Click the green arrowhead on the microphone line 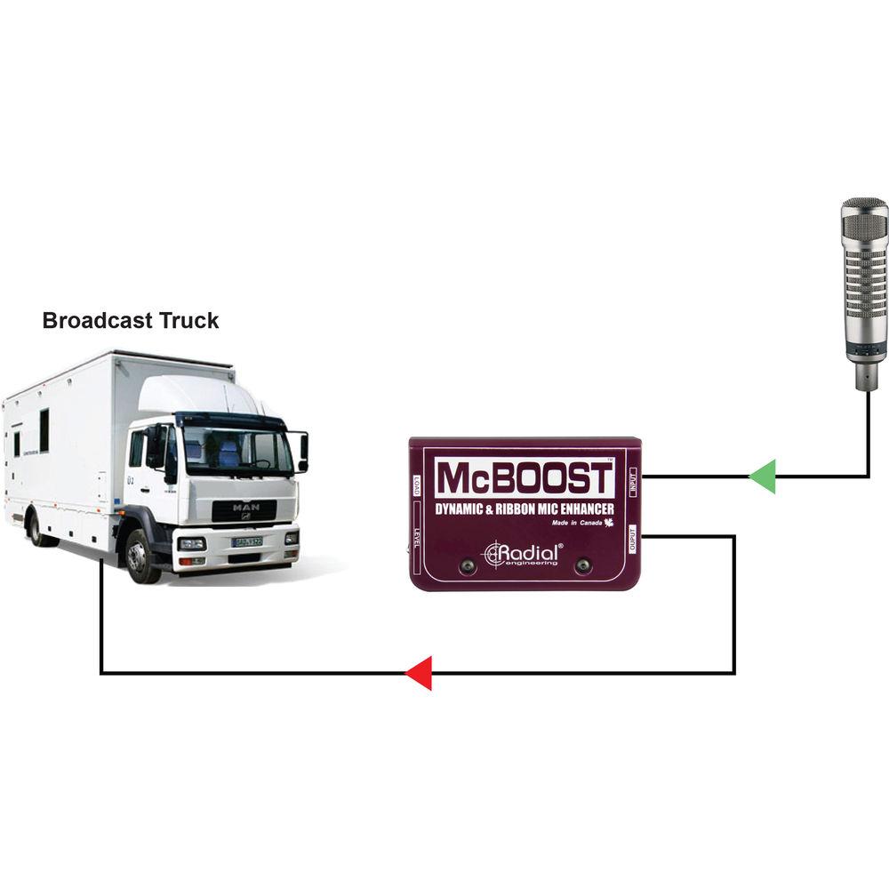click(x=763, y=476)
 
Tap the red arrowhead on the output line click(x=419, y=673)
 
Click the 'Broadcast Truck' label click(x=131, y=321)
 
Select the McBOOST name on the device click(x=525, y=479)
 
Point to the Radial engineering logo click(x=522, y=555)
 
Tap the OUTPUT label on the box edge click(x=633, y=538)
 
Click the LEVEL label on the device click(x=416, y=537)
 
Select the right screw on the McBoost click(x=582, y=565)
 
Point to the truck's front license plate click(x=246, y=541)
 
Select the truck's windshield click(x=237, y=452)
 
